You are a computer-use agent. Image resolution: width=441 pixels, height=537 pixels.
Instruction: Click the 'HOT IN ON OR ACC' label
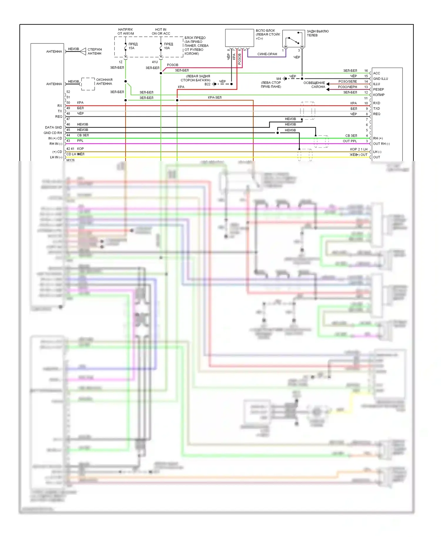click(x=161, y=31)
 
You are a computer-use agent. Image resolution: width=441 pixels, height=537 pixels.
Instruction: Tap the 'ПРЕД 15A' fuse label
click(x=133, y=46)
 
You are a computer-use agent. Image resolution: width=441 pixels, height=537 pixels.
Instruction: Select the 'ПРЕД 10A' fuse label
click(x=168, y=46)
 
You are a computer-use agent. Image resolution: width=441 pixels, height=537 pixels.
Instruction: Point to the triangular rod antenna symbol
click(x=83, y=51)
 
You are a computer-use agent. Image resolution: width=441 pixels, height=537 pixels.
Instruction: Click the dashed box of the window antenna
click(x=88, y=84)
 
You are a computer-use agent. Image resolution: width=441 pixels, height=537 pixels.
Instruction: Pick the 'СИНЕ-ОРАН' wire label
click(x=267, y=54)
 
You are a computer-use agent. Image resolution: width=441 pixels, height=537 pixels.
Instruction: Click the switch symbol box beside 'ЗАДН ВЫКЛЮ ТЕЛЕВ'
click(x=293, y=38)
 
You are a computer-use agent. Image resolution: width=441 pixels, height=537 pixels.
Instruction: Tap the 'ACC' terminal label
click(x=376, y=73)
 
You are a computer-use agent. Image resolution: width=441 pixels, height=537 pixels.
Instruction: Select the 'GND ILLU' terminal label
click(x=380, y=79)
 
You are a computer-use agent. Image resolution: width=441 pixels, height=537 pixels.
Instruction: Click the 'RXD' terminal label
click(x=376, y=103)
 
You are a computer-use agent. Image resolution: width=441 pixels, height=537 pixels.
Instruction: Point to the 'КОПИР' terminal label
click(x=379, y=95)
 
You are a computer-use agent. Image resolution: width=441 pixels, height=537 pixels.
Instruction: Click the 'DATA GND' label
click(x=54, y=127)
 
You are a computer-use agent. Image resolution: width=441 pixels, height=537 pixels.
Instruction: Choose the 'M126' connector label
click(x=71, y=160)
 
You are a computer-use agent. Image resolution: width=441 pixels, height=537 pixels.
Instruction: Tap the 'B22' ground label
click(x=208, y=84)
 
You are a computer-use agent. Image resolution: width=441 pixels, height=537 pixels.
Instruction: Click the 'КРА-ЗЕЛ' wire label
click(x=215, y=98)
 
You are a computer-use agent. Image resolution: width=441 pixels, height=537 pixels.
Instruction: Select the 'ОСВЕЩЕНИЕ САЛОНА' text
click(x=314, y=85)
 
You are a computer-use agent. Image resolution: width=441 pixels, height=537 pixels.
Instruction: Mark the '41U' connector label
click(x=155, y=62)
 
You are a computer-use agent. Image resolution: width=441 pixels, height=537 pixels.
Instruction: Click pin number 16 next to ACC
click(x=366, y=71)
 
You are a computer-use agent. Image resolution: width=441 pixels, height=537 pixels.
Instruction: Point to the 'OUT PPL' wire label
click(x=350, y=141)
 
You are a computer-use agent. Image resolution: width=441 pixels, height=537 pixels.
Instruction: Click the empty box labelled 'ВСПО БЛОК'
click(x=239, y=38)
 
